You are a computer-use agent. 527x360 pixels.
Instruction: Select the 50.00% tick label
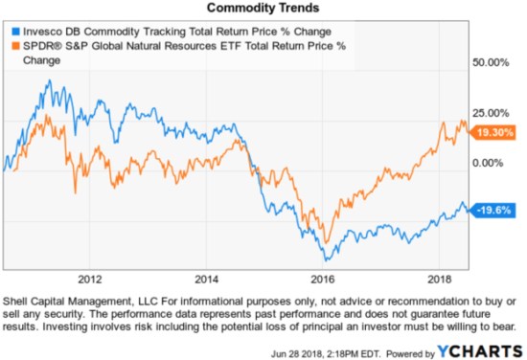494,63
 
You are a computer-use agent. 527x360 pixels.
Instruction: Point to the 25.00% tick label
494,113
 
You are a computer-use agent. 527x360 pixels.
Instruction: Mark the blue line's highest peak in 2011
48,80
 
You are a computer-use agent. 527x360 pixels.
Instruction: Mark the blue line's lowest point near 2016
328,260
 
